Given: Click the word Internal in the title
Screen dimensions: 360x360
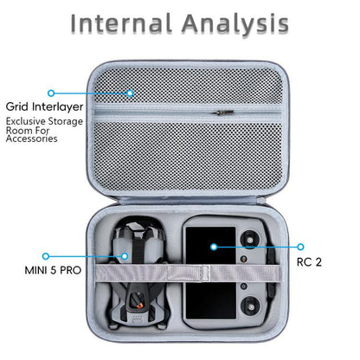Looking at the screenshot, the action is click(121, 23).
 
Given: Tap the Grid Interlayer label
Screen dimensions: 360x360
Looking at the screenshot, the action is click(44, 107).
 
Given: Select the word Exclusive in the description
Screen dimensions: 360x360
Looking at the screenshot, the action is click(26, 121).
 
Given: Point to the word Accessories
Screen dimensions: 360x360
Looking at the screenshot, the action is click(32, 138).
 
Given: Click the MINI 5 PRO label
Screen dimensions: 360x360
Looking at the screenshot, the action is click(53, 270).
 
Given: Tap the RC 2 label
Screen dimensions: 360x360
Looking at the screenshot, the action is click(309, 262).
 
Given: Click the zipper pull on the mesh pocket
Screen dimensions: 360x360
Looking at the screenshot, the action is click(224, 112).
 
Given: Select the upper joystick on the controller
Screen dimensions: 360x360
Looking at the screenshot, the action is click(250, 240).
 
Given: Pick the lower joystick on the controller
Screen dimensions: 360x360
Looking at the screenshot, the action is click(251, 307).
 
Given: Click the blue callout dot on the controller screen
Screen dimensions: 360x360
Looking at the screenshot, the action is click(214, 247).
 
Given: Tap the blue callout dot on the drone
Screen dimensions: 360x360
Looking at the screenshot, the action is click(125, 256).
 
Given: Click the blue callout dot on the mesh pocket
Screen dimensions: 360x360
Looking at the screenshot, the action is click(130, 93).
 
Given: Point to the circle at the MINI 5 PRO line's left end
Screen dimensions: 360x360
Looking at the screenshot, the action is click(46, 256).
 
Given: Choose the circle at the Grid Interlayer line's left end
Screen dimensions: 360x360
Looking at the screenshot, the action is click(51, 93).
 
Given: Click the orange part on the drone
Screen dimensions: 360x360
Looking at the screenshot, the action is click(139, 305).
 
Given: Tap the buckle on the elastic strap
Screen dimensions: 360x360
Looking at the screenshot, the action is click(204, 273).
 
